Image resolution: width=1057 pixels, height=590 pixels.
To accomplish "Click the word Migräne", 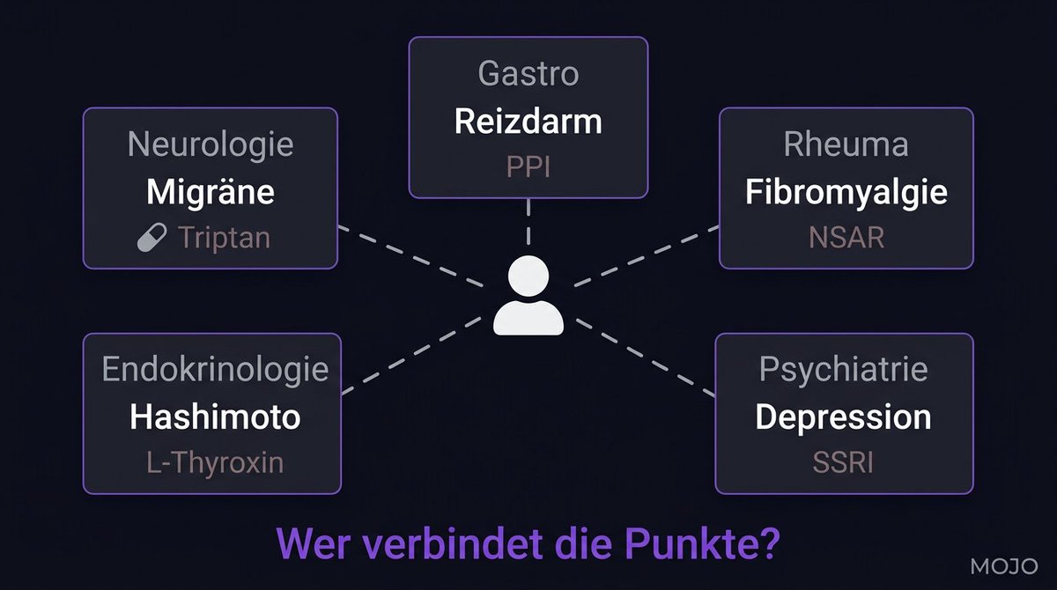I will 211,192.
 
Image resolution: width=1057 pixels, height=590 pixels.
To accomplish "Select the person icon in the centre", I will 528,296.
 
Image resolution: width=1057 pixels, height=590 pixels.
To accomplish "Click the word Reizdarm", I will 528,122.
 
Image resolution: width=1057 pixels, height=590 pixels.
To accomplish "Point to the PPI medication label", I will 528,166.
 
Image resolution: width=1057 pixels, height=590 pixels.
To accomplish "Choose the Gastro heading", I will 528,74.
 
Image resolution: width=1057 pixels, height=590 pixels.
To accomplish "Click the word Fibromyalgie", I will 846,192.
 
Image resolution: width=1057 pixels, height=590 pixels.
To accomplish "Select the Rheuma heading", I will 846,144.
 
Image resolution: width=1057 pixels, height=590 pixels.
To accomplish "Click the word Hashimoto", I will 215,417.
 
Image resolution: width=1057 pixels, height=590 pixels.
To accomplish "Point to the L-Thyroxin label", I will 214,461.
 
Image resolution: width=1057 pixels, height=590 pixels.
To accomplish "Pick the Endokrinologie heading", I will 215,370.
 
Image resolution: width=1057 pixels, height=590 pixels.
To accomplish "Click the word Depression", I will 843,417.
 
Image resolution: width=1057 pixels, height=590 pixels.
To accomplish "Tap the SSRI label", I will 844,461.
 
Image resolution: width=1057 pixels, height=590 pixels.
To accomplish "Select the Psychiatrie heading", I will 843,370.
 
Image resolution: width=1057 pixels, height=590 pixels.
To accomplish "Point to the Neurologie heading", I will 211,144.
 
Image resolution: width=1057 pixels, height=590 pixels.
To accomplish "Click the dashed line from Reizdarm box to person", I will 528,222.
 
